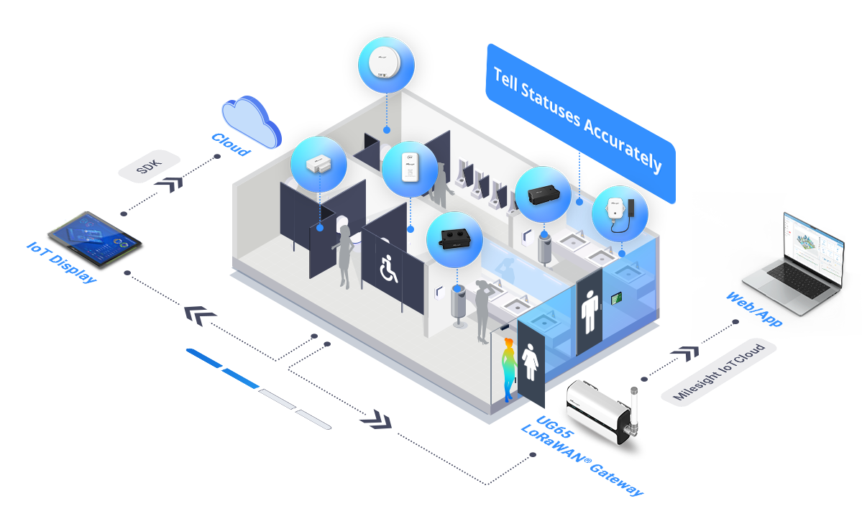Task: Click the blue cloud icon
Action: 251,121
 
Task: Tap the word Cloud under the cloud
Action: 230,144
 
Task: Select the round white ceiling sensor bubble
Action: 386,65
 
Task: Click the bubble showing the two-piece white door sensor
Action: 318,165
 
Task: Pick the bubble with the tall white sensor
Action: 409,169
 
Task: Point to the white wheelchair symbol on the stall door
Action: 389,269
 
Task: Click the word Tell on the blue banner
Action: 506,80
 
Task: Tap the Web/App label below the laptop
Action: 753,309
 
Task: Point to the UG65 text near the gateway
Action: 550,423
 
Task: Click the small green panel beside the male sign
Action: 615,298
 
